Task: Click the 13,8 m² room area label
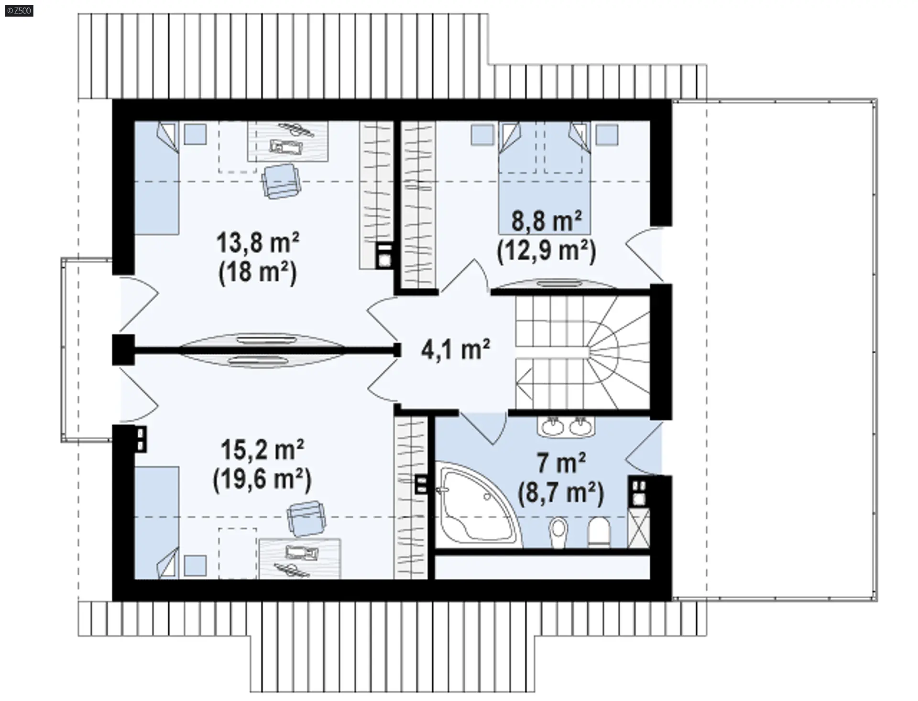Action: (x=258, y=242)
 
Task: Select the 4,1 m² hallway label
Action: (x=455, y=349)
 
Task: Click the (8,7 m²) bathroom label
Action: (x=561, y=492)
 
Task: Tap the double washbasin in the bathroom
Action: (x=567, y=425)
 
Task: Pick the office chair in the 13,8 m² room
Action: (x=281, y=181)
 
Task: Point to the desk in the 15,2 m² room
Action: (x=300, y=559)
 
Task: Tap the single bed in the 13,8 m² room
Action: (x=156, y=178)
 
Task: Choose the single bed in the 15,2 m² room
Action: (x=156, y=523)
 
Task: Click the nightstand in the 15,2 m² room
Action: (x=195, y=566)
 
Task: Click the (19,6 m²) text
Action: (x=262, y=479)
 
